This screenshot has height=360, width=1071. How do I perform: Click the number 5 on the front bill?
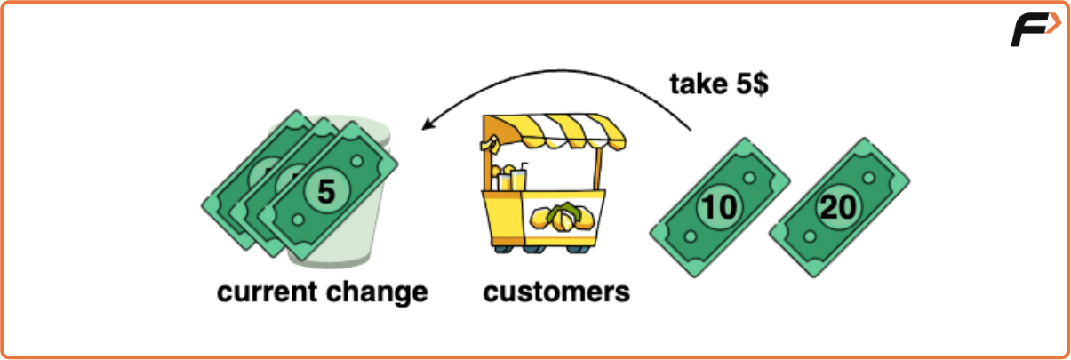pos(326,191)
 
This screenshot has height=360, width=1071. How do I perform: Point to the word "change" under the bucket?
pos(377,292)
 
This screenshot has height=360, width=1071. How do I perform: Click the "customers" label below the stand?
pos(556,292)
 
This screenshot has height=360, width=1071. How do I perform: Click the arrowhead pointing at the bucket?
pos(428,125)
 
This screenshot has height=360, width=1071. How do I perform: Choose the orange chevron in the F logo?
pos(1052,25)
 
